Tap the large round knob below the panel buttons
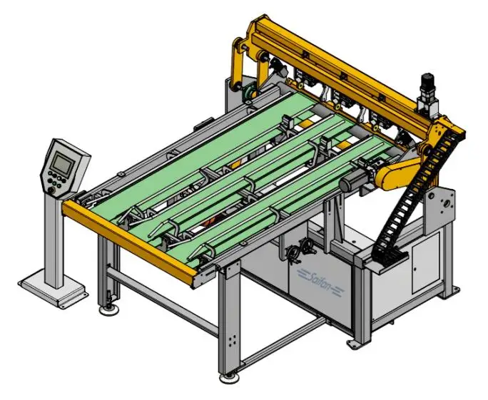click(51, 190)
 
